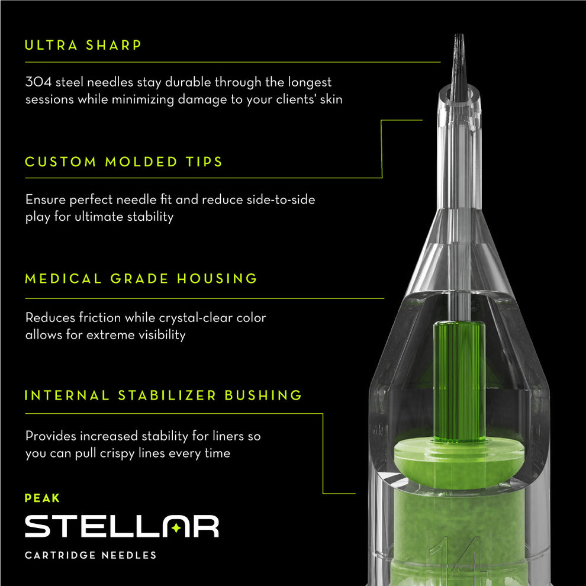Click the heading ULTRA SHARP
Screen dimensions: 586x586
pos(83,46)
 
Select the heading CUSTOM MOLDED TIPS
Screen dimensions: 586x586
pos(124,162)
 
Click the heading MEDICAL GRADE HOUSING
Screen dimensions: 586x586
pos(141,279)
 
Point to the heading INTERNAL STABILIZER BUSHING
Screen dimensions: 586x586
pos(163,395)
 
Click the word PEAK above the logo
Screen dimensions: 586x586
pos(42,498)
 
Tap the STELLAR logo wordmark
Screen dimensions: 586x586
pos(121,526)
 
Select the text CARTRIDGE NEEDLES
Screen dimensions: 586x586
pos(91,555)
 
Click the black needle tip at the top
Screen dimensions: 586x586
pos(459,65)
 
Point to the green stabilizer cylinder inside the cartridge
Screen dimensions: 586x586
pos(459,379)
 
